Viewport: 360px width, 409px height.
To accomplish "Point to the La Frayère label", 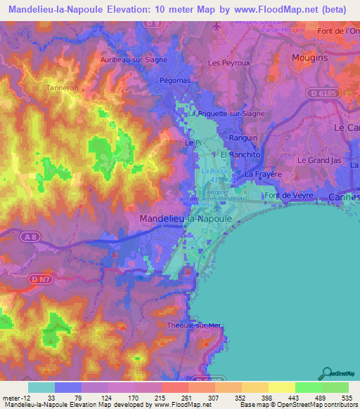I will tap(263, 174).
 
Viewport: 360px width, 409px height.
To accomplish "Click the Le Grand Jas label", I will tap(320, 160).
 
